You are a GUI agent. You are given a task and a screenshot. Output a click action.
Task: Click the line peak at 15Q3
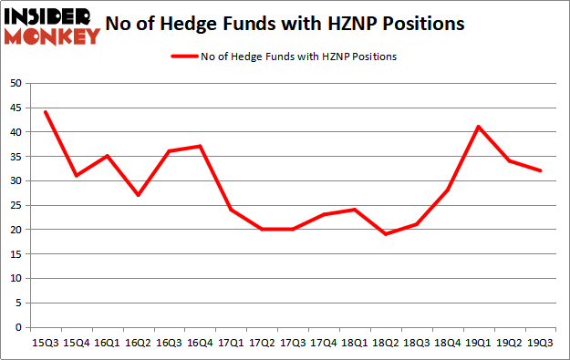tap(46, 112)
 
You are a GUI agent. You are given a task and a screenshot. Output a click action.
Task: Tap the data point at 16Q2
tap(139, 195)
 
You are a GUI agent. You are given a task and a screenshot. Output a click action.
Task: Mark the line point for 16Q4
tap(201, 146)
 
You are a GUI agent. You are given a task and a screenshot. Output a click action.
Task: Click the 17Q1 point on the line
tap(232, 210)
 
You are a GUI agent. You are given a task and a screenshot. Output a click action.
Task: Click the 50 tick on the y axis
tap(16, 83)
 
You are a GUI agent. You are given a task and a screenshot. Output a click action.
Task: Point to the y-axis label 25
tap(16, 205)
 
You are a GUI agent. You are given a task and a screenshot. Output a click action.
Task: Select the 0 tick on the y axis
tap(18, 327)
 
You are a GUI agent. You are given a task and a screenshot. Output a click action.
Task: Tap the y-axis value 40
tap(16, 132)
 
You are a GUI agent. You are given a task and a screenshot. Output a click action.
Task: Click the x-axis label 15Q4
tap(77, 344)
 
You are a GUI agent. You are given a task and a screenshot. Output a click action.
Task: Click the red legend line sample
tap(185, 57)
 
